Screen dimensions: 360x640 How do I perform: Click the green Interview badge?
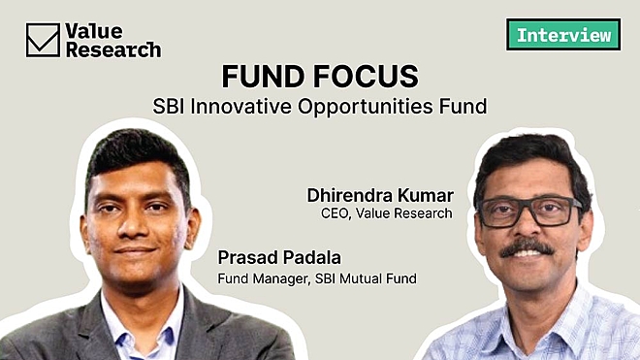(563, 35)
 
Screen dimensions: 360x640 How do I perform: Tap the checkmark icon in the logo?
(43, 40)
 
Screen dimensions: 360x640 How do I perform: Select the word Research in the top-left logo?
(112, 49)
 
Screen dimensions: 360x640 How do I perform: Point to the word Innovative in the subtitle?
(261, 103)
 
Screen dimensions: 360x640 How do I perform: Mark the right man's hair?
(528, 155)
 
